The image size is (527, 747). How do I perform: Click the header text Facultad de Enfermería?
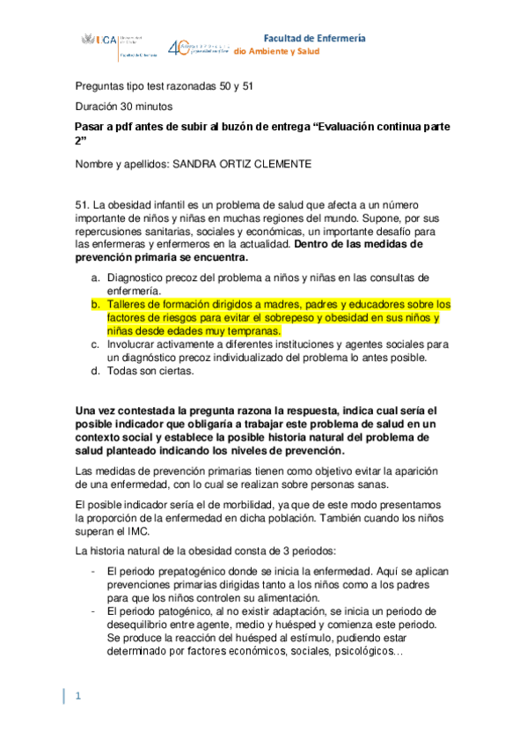(x=315, y=38)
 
